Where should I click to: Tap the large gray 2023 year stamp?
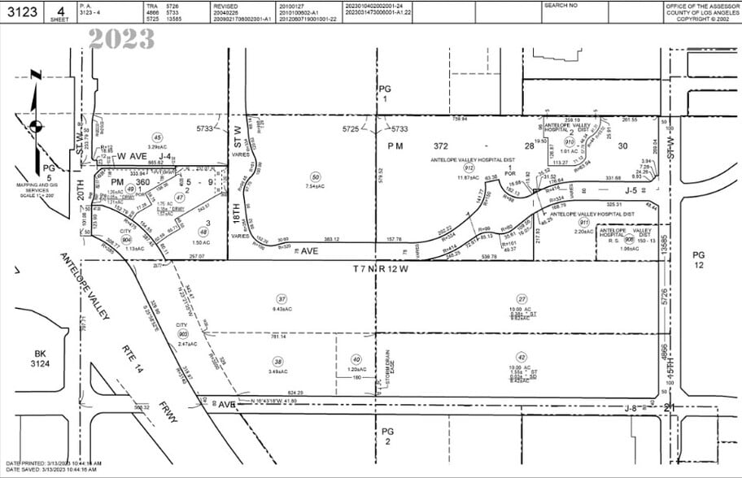click(122, 38)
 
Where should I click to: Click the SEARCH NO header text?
click(560, 5)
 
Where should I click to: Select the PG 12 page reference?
click(699, 260)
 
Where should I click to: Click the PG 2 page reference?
click(387, 436)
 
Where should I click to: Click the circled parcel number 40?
click(356, 358)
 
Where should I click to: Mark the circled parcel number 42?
click(522, 356)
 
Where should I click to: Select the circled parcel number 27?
click(522, 298)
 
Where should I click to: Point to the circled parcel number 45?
click(158, 137)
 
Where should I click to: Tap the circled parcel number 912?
click(469, 168)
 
